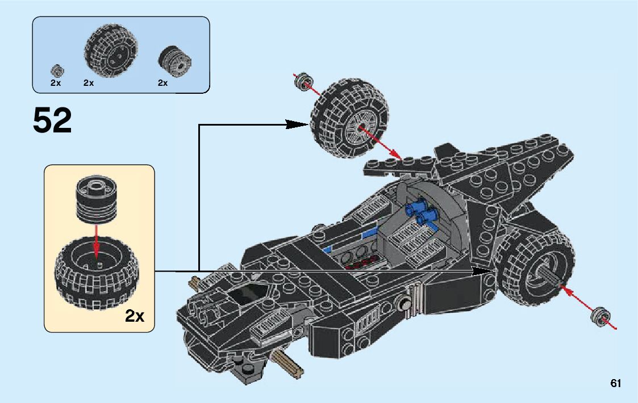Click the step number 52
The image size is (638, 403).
52,121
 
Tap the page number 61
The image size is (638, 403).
615,383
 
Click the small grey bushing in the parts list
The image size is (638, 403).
57,71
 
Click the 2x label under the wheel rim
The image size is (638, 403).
162,82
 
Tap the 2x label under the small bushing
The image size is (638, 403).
56,82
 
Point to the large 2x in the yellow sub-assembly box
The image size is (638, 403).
135,315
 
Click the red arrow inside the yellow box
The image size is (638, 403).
97,241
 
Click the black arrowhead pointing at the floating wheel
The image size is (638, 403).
298,124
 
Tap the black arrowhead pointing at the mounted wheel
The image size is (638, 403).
484,272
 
